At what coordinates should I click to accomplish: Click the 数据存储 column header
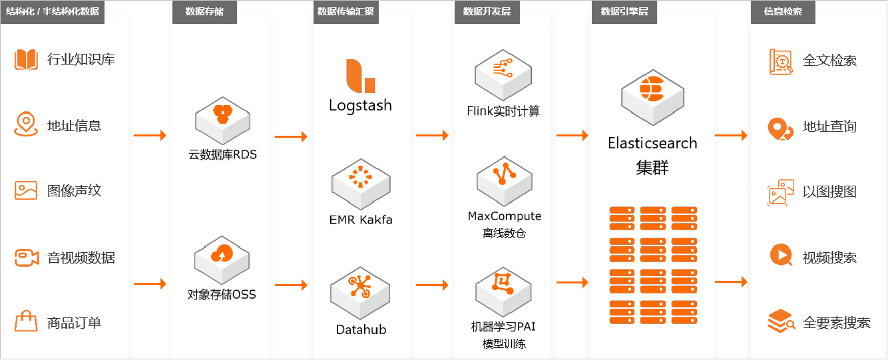click(x=204, y=12)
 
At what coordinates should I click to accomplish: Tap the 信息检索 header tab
click(x=783, y=12)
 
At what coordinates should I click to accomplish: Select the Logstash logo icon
click(x=360, y=76)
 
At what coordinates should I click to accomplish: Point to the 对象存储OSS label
click(x=222, y=293)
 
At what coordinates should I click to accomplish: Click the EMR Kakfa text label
click(x=361, y=219)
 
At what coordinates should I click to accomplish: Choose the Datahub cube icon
click(x=360, y=290)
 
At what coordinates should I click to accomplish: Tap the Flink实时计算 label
click(x=503, y=111)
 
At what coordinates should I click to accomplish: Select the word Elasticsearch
click(x=652, y=143)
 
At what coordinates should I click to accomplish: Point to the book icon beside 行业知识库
click(x=27, y=59)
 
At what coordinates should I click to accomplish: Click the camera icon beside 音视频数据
click(x=26, y=258)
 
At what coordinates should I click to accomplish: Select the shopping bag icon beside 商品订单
click(x=26, y=322)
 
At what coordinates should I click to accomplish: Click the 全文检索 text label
click(x=829, y=61)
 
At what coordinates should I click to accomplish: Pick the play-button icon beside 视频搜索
click(x=780, y=256)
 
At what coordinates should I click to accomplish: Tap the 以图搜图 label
click(x=829, y=192)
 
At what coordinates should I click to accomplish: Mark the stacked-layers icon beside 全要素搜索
click(x=781, y=321)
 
